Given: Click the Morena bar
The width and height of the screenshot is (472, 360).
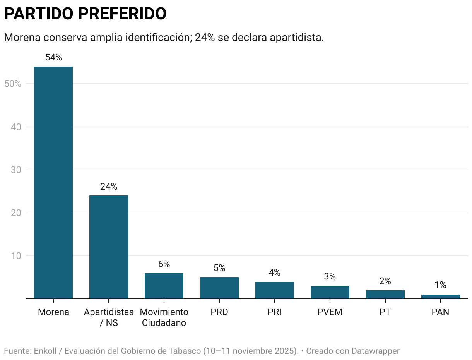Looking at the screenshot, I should point(53,182).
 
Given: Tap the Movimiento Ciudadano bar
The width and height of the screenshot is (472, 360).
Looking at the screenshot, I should point(164,286).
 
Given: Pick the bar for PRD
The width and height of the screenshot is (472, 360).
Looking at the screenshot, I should point(219,288).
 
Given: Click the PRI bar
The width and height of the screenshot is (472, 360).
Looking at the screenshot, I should point(275,290).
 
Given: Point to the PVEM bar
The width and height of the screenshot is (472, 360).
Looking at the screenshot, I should point(330,292).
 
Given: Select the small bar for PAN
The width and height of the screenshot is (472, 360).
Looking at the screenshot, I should point(441,297).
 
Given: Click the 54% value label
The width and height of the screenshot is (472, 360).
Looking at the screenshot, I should point(53,58).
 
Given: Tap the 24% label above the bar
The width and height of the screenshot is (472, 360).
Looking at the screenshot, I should point(109,187).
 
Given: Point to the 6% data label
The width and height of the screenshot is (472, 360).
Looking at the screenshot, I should point(164,264).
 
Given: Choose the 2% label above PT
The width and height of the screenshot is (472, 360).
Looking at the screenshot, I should point(385,281).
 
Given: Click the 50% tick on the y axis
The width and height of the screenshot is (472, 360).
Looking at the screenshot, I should point(12,84).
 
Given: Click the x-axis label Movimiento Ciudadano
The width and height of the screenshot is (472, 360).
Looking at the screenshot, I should point(164,317).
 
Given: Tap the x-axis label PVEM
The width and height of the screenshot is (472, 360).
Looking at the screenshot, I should point(330,312).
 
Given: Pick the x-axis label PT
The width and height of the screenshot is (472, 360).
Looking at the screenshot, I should point(385,312).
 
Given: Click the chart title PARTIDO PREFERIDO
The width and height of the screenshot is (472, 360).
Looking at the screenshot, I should point(85,14).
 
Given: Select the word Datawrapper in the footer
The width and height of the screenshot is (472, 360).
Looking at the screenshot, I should point(375,351).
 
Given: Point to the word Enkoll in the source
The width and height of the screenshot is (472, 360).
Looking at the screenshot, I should point(45,351).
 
